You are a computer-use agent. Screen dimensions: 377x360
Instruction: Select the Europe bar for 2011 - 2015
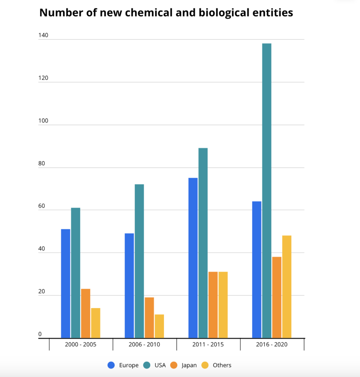point(193,258)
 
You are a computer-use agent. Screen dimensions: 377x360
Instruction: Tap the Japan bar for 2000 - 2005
point(85,313)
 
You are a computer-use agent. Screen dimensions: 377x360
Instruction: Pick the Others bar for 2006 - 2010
point(159,326)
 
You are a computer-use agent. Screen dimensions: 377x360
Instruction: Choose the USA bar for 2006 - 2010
point(139,261)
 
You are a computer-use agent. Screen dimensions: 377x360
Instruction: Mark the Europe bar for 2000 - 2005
point(66,283)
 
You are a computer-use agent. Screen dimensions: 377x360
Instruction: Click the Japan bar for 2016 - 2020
point(277,297)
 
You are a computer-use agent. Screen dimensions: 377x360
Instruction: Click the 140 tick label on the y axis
point(43,36)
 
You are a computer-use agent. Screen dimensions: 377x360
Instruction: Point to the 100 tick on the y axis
point(43,121)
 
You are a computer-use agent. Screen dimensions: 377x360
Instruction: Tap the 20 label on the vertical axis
point(42,292)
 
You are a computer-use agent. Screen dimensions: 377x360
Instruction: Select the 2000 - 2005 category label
point(81,345)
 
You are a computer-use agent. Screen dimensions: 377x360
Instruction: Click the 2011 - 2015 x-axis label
point(208,345)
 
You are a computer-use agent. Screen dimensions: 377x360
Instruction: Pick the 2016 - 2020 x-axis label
point(272,345)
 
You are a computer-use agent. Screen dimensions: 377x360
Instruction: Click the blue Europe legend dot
point(111,365)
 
